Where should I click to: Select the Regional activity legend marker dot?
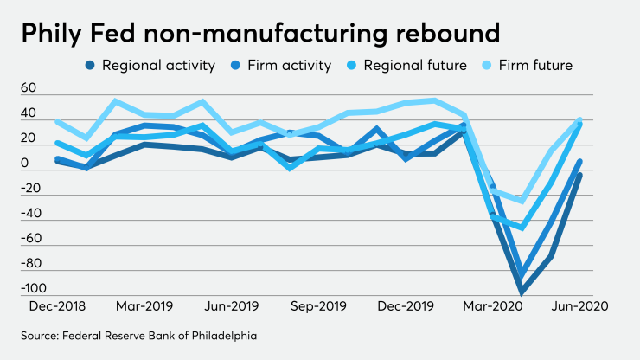[91, 65]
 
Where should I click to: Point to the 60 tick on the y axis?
[29, 88]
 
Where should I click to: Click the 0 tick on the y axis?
[25, 164]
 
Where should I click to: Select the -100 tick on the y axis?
[33, 288]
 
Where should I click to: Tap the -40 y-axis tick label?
[31, 213]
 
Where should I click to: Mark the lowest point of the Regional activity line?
[522, 292]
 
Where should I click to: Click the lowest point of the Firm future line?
[522, 201]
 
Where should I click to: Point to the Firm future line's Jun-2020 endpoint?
[579, 120]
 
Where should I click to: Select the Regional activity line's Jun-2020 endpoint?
[579, 175]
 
